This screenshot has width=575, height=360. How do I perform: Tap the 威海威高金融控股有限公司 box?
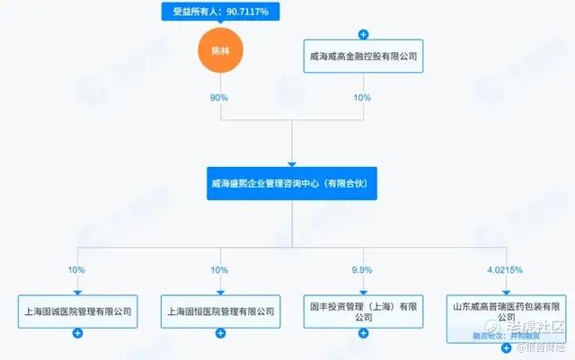363,57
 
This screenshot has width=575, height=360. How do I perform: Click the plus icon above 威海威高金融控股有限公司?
363,34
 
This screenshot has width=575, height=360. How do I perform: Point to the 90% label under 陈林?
220,97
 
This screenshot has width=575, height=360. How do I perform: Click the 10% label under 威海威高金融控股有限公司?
363,97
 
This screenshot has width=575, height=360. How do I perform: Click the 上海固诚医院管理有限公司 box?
78,312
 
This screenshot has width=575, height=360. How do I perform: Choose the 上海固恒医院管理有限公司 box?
220,312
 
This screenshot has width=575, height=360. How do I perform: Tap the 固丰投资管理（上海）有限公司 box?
363,312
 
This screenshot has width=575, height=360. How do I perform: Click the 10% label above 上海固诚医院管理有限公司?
78,268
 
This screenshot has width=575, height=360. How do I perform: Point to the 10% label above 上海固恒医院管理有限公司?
220,268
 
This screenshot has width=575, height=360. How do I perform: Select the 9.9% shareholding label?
363,268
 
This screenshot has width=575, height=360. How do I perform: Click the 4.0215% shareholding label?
505,268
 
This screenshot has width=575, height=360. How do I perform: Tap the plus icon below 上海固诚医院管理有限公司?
78,334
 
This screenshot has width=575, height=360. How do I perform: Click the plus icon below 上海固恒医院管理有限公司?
220,334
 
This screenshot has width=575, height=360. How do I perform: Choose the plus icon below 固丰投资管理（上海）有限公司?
363,334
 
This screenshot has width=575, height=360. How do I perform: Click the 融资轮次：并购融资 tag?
504,335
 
